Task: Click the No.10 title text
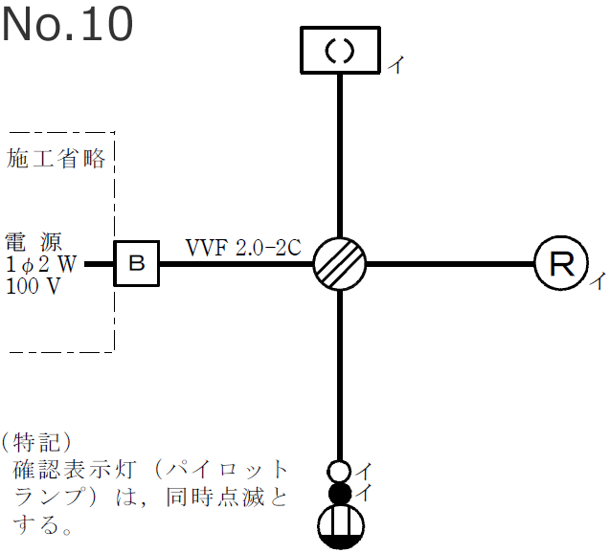pos(67,25)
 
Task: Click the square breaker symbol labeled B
pos(137,263)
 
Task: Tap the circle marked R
pos(559,262)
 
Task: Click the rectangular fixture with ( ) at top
pos(341,50)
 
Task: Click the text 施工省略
pos(56,159)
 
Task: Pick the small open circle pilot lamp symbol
pos(339,471)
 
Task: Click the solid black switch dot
pos(340,494)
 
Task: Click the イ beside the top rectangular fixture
pos(396,65)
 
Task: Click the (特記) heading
pos(37,442)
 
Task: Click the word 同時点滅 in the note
pos(230,498)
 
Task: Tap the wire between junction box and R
pos(450,262)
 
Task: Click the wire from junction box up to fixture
pos(341,153)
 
